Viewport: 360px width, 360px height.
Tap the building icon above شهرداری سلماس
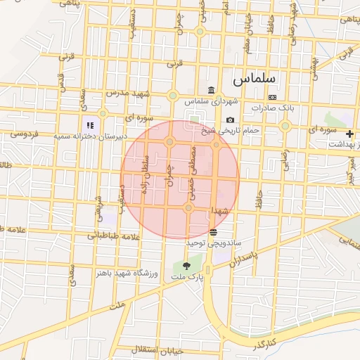pyautogui.click(x=212, y=90)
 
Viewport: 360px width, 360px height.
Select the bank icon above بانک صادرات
pyautogui.click(x=272, y=97)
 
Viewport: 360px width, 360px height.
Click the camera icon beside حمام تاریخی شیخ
pyautogui.click(x=230, y=120)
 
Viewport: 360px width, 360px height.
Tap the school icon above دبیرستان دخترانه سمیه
pyautogui.click(x=90, y=125)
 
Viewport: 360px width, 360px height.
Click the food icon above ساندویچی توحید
pyautogui.click(x=213, y=232)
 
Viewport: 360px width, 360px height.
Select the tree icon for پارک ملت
pyautogui.click(x=186, y=266)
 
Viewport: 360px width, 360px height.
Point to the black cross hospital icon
pyautogui.click(x=349, y=133)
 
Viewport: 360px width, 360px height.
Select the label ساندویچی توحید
pyautogui.click(x=213, y=243)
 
